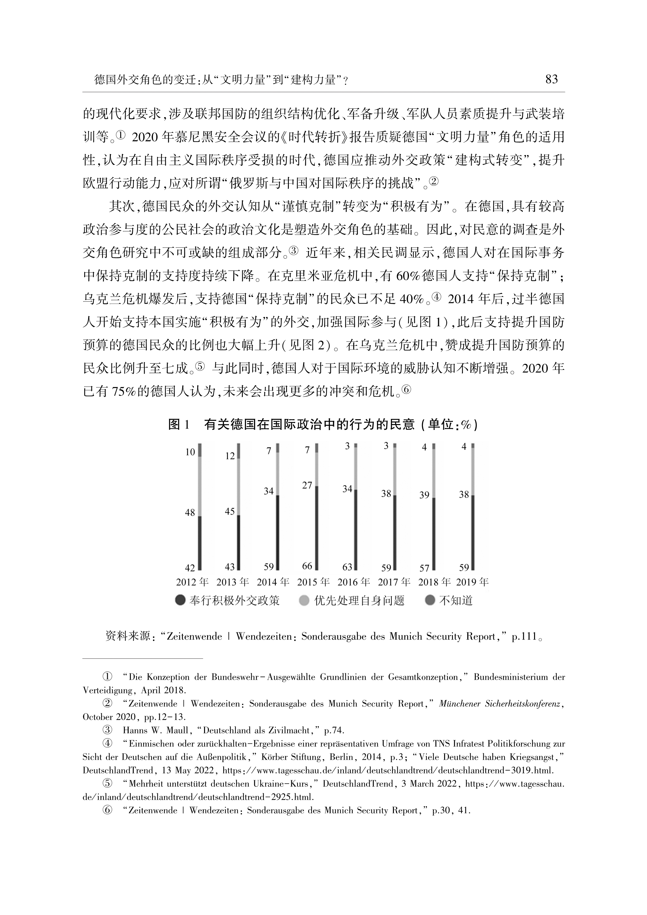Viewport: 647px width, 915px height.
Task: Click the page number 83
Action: pos(551,80)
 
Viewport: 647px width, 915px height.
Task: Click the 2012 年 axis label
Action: pos(192,582)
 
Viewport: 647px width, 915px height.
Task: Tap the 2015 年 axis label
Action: pos(313,582)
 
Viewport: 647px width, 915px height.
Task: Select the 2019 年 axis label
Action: pos(472,582)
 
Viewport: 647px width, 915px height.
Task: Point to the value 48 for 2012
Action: pos(190,512)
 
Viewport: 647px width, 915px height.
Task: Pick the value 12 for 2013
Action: pos(230,456)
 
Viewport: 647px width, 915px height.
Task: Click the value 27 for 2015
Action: pos(307,485)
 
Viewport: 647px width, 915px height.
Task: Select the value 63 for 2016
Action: pos(347,566)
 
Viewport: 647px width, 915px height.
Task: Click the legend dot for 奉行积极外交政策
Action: pos(180,601)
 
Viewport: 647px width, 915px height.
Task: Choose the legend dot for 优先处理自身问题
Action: pos(304,601)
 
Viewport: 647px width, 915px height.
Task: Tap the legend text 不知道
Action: pos(456,601)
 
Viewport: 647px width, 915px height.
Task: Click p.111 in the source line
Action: pos(524,637)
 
